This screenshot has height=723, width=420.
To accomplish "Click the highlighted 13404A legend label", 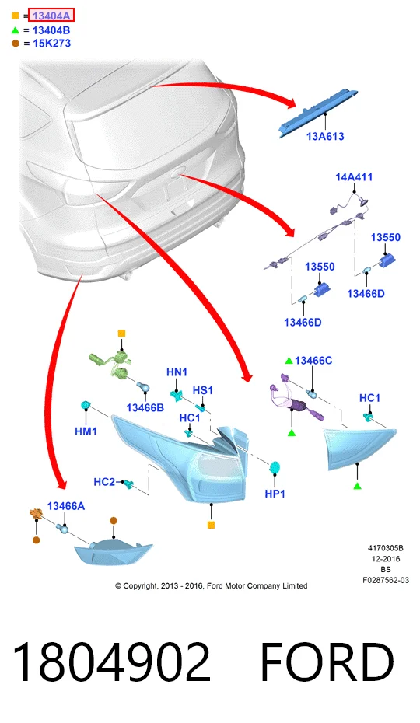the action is tap(51, 16).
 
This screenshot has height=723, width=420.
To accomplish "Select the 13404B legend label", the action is tap(51, 30).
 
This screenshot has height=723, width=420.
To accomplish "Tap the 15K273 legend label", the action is tap(51, 44).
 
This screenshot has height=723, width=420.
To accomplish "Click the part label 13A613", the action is tap(325, 136).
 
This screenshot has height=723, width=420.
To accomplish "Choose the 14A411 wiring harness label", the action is tap(354, 176).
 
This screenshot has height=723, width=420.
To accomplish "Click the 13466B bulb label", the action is tap(145, 407).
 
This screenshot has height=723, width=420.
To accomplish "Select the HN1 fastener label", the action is tap(177, 372).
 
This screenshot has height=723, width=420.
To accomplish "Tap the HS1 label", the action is tap(203, 390).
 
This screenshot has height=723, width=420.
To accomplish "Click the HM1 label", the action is tap(86, 431).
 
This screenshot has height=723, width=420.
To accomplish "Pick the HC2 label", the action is tap(104, 482).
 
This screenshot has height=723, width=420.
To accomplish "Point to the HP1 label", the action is tap(275, 494).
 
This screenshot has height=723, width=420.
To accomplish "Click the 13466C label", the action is tap(313, 361).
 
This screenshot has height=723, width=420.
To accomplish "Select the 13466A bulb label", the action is tap(66, 506).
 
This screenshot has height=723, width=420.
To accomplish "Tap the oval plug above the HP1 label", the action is tap(275, 467).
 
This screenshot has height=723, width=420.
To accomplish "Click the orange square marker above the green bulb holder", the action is tap(121, 333).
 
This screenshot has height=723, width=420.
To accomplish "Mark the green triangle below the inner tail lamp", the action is tap(357, 486).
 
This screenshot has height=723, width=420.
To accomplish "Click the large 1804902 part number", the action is tap(111, 662).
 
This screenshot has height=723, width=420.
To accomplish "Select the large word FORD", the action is tap(327, 662).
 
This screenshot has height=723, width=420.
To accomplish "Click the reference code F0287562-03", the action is tap(385, 580).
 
